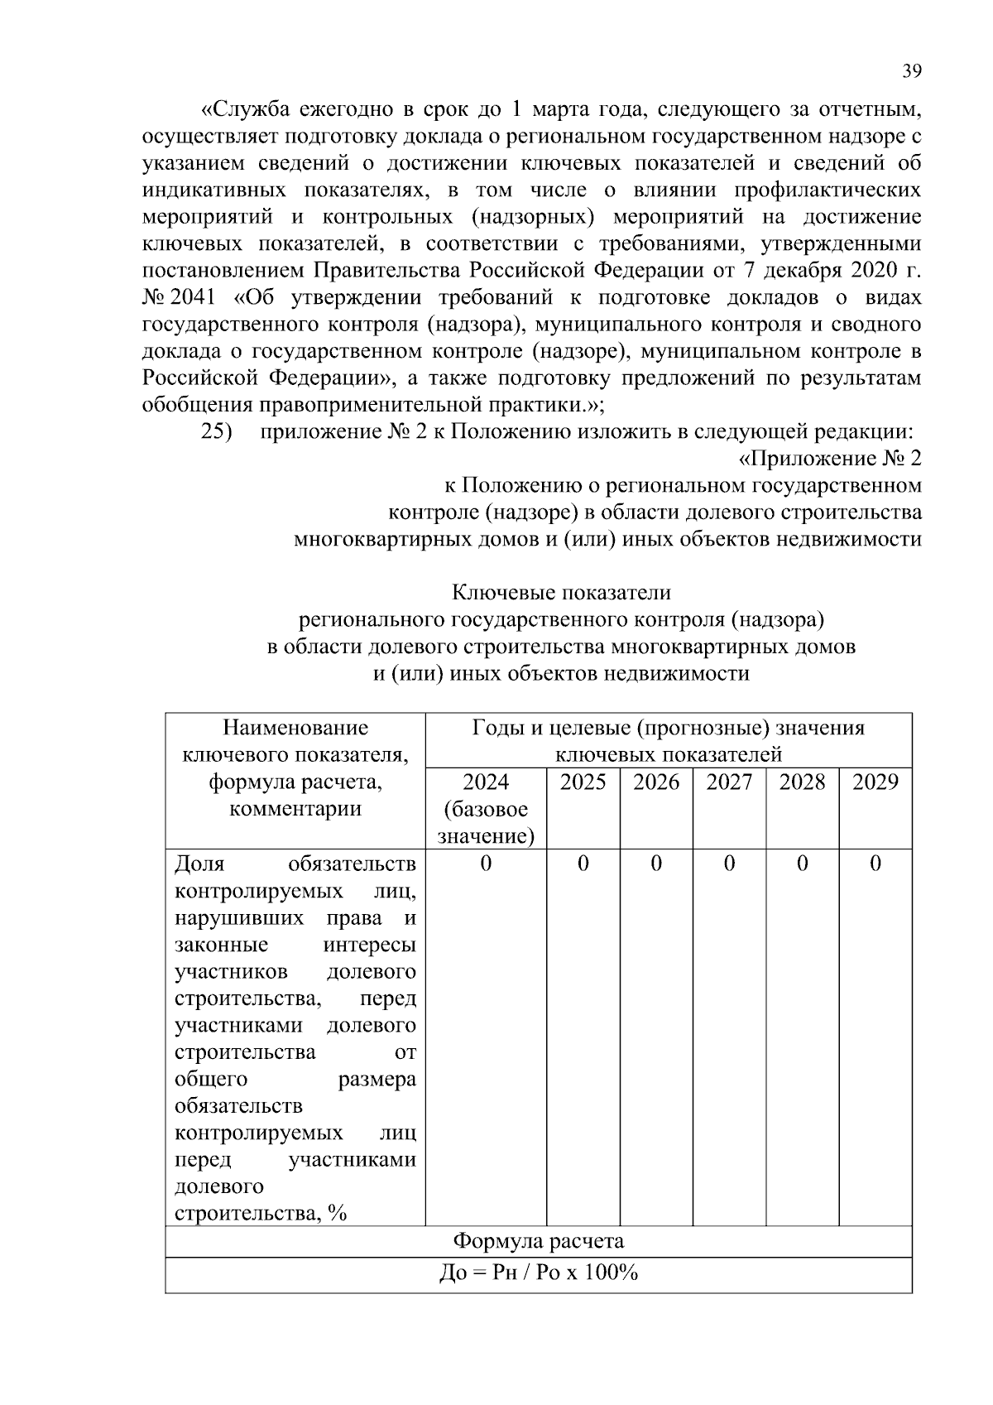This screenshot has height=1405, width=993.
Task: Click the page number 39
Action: (911, 71)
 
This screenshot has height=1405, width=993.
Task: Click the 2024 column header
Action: (485, 782)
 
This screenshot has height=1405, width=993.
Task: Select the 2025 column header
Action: (583, 782)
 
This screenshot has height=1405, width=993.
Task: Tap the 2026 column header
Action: (656, 782)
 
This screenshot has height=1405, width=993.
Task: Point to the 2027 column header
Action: (729, 782)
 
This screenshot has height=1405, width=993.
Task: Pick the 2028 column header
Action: (802, 782)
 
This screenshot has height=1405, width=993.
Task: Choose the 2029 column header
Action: (875, 782)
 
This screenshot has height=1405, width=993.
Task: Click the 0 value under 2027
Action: (729, 864)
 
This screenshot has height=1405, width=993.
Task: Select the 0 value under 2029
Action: (875, 864)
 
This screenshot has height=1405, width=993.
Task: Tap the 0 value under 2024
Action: (485, 864)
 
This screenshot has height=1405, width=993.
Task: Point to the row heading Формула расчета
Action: (538, 1241)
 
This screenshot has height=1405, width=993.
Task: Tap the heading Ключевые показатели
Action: (561, 593)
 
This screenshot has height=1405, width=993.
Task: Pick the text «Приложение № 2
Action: (828, 459)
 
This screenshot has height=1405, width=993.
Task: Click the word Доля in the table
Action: (199, 864)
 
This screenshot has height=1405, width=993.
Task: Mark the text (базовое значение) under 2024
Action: (485, 822)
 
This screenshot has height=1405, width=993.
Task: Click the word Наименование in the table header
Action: (295, 728)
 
